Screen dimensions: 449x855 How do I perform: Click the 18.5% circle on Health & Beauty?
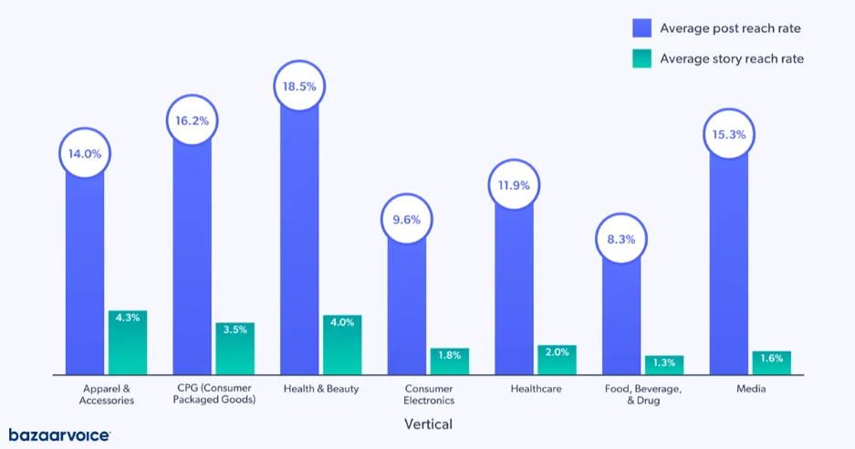(x=299, y=87)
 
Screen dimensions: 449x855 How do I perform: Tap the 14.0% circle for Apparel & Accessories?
(x=85, y=153)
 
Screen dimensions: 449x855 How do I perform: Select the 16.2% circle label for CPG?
(x=192, y=120)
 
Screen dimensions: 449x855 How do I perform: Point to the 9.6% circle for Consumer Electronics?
(x=406, y=220)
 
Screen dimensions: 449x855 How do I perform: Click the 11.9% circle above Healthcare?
(x=514, y=186)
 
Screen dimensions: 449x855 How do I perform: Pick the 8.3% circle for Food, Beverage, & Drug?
(x=621, y=239)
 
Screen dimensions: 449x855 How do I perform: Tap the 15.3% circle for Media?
(x=728, y=134)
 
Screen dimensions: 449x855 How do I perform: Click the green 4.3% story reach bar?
(x=128, y=343)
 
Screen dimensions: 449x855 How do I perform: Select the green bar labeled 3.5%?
(x=235, y=349)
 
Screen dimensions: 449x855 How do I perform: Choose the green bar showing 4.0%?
(x=342, y=345)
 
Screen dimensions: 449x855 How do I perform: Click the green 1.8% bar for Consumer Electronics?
(x=449, y=361)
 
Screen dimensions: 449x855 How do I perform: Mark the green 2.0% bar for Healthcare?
(x=557, y=360)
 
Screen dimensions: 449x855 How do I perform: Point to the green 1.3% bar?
(x=663, y=365)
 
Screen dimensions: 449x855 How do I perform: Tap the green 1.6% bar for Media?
(x=771, y=362)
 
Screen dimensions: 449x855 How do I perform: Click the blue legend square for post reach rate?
(x=642, y=28)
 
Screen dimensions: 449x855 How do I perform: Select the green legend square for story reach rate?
(x=642, y=58)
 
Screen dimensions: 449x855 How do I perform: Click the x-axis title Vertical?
(x=428, y=424)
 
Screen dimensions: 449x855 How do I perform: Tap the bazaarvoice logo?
(x=59, y=435)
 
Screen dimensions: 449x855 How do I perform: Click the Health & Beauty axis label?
(x=321, y=389)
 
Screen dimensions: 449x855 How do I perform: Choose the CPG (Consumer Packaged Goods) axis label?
(x=214, y=394)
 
